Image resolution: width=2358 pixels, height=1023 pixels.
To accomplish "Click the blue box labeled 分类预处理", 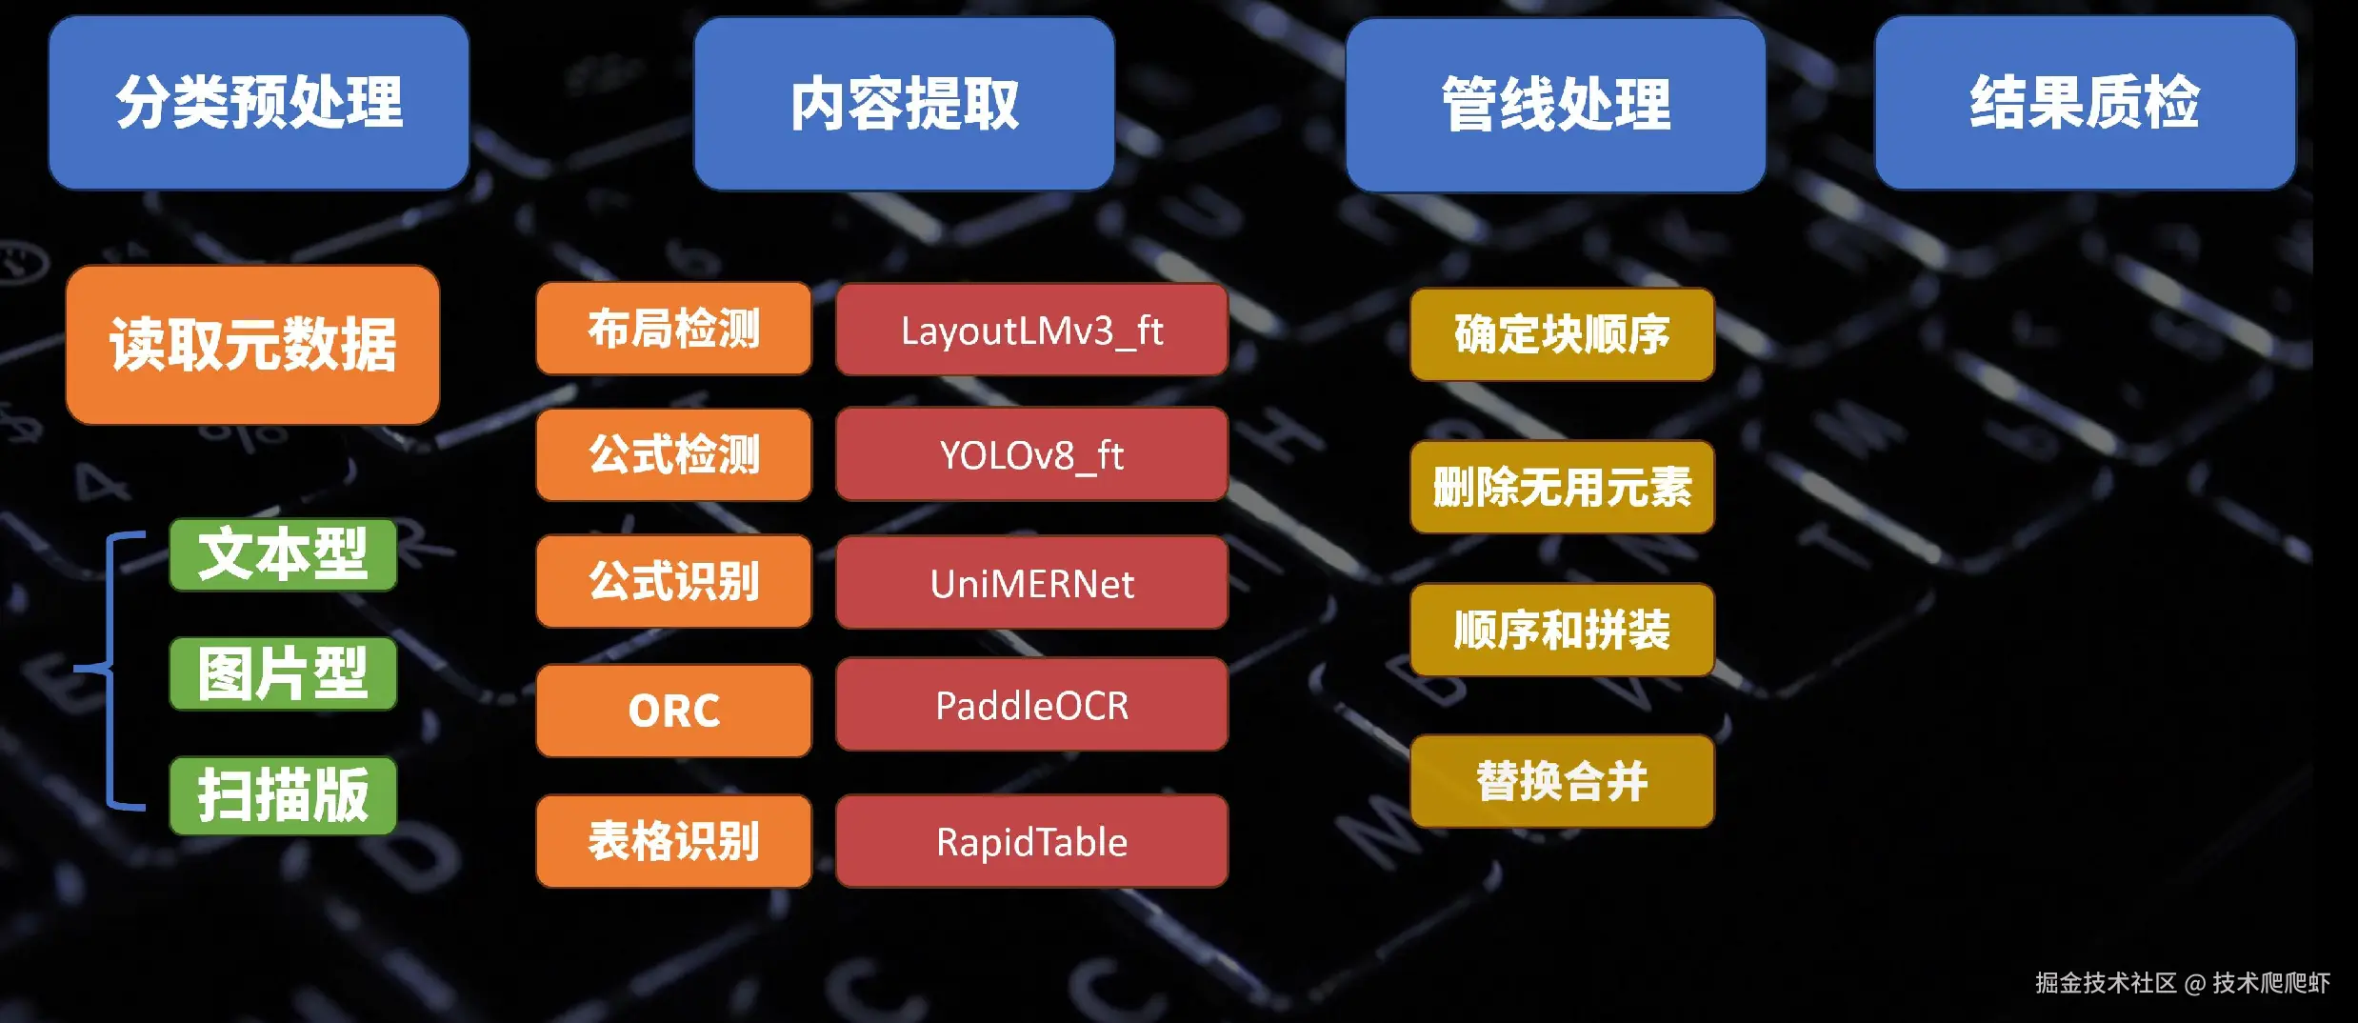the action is [258, 102].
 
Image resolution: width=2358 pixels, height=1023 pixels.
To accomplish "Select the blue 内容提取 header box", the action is [904, 104].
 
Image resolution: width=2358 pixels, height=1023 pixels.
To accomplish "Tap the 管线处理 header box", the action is [1555, 104].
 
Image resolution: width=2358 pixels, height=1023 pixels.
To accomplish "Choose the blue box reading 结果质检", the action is [2085, 102].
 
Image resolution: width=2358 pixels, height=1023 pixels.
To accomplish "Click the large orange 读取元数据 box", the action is [252, 344].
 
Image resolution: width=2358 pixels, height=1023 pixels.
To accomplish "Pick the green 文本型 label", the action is [283, 554].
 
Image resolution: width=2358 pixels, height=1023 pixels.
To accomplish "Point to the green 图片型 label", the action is [283, 674].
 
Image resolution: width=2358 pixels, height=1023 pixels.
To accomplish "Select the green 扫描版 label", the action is [283, 795].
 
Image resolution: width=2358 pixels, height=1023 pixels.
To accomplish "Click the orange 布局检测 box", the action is [673, 329].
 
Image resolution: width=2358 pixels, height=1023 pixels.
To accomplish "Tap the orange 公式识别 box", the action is [673, 581].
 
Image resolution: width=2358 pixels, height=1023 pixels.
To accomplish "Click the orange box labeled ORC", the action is [673, 711].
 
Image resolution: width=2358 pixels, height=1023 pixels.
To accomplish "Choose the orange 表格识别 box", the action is [673, 841].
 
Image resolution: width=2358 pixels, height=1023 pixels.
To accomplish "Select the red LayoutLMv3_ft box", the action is [1031, 330].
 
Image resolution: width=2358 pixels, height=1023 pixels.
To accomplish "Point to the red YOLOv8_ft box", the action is [1031, 454].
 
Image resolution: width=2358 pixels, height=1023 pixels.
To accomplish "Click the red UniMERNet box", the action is [1031, 583].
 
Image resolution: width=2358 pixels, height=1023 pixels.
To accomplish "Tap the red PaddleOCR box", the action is [1031, 705].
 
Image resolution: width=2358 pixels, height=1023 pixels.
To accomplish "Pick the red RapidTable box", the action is [1031, 841].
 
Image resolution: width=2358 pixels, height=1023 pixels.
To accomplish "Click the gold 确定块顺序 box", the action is [1562, 334].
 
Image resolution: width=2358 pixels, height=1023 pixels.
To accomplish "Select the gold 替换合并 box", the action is [1562, 781].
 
